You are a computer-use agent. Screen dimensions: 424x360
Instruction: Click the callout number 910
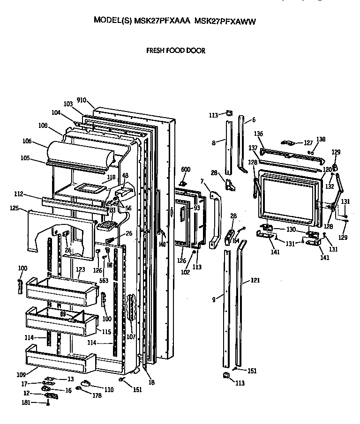coord(82,100)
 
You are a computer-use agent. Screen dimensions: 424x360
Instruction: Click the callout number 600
coord(186,170)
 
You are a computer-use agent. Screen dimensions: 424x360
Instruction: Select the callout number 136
coord(258,134)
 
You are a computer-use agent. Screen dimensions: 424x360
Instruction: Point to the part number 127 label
coord(307,143)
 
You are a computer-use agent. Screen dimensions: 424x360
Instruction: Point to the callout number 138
coord(321,139)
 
